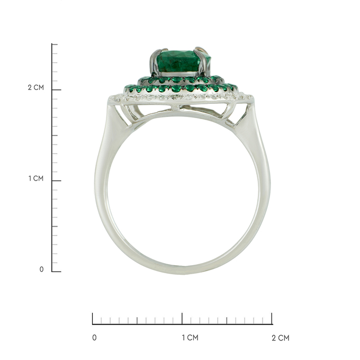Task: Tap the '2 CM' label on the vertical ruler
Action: coord(36,87)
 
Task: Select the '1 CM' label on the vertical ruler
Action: coord(36,178)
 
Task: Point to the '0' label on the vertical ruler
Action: coord(41,269)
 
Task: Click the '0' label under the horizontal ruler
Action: coord(94,338)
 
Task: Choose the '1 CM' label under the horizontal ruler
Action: coord(190,338)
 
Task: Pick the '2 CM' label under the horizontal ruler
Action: coord(281,338)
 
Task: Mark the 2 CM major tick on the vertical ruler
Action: coord(57,90)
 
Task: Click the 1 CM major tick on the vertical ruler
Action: coord(57,181)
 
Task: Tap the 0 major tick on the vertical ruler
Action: coord(57,272)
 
